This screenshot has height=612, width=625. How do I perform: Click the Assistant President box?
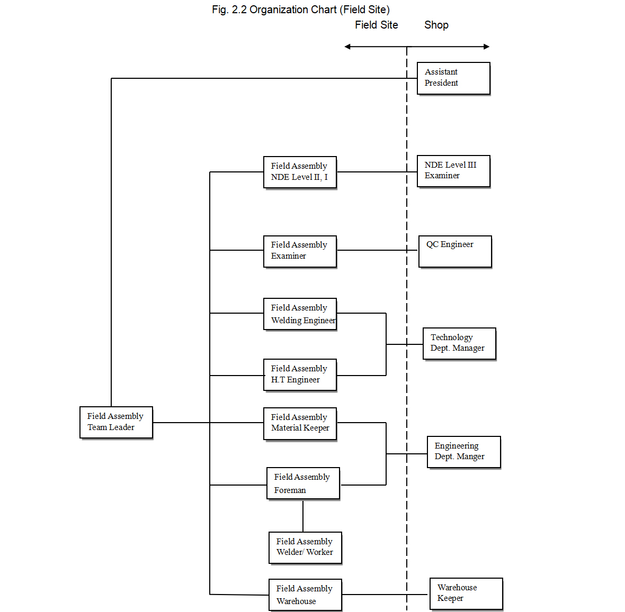tap(453, 78)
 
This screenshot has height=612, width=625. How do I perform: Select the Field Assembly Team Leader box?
tap(116, 422)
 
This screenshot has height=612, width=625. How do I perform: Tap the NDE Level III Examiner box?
tap(453, 171)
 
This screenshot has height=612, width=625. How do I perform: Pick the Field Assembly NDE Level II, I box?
tap(300, 172)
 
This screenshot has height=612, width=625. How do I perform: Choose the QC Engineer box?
tap(455, 251)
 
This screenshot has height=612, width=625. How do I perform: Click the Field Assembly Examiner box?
tap(300, 251)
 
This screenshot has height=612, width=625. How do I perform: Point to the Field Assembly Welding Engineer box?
tap(300, 314)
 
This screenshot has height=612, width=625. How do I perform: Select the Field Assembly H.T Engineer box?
tap(300, 374)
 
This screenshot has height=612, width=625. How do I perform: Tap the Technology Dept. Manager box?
tap(459, 343)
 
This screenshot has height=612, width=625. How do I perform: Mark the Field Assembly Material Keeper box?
tap(300, 423)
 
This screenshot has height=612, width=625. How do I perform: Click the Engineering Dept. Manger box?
tap(463, 452)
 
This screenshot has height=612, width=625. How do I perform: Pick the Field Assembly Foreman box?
tap(303, 483)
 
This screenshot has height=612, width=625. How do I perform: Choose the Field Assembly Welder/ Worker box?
tap(305, 547)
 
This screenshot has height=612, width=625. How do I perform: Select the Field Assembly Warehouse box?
tap(305, 595)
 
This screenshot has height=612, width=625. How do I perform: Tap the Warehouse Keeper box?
tap(466, 593)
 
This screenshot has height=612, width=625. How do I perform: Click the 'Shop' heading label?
tap(436, 25)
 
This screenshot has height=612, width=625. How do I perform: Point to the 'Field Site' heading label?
tap(376, 25)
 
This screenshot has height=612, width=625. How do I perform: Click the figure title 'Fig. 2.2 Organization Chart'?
tap(300, 10)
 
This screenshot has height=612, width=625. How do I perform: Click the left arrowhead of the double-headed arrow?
tap(347, 47)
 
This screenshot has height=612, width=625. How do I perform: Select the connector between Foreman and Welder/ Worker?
tap(303, 516)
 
